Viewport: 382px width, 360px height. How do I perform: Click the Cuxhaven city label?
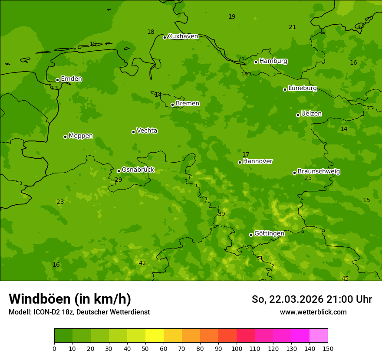[x=183, y=36]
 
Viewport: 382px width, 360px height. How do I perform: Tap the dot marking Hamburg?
[x=256, y=62]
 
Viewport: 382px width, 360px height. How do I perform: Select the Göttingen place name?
[x=269, y=233]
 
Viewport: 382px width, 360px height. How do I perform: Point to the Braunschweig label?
[x=319, y=172]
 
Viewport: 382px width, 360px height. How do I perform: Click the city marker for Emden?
[x=57, y=80]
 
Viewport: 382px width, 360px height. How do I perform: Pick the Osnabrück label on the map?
[x=138, y=170]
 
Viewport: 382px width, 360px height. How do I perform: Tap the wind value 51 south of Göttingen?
[x=260, y=259]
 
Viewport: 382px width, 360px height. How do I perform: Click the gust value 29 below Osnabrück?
[x=119, y=180]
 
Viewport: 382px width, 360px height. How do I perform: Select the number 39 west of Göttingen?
[x=221, y=214]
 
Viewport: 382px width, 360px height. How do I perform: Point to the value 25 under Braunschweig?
[x=308, y=178]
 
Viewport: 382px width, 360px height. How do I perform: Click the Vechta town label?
[x=147, y=131]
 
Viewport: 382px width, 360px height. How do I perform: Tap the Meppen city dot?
[x=65, y=137]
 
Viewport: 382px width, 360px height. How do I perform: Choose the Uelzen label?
[x=311, y=114]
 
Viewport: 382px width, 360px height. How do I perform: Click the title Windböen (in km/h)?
[x=70, y=299]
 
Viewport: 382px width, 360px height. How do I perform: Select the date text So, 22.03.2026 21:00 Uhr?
[x=312, y=299]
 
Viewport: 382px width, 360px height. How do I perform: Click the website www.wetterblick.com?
[x=313, y=312]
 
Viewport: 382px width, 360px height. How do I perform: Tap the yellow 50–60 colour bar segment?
[x=155, y=336]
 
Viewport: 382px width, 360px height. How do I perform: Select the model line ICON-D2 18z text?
[x=79, y=312]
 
